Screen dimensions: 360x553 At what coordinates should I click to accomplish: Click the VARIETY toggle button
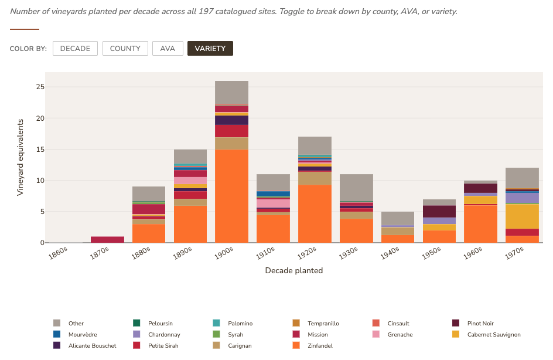tap(210, 49)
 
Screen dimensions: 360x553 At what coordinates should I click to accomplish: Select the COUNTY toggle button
tap(125, 49)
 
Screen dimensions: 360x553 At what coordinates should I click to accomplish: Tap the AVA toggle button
tap(168, 49)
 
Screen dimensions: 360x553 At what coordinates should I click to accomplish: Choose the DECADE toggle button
tap(75, 49)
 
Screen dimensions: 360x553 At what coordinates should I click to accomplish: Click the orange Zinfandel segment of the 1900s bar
tap(231, 196)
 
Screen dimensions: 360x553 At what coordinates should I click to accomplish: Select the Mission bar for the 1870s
tap(107, 239)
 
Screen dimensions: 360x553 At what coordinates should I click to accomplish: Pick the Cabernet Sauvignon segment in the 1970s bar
tap(522, 216)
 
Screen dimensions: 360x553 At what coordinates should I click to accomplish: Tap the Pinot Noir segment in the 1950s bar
tap(439, 211)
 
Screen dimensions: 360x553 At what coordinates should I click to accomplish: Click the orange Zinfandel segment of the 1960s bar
tap(480, 224)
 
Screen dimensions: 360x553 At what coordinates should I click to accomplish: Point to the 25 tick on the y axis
tap(40, 87)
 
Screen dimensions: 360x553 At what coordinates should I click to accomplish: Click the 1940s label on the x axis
tap(390, 253)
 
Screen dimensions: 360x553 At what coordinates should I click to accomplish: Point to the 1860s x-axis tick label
tap(57, 253)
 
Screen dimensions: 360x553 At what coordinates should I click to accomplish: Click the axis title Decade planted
tap(293, 271)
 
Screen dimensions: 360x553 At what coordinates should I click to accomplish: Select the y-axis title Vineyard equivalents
tap(20, 157)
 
